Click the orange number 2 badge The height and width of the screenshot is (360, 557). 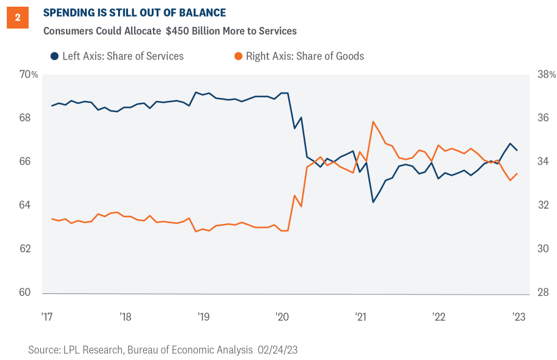17,18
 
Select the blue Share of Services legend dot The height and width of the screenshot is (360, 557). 54,56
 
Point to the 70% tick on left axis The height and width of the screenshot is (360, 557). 28,74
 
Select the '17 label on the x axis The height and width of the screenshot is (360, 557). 47,317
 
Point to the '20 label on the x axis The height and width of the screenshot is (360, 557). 282,317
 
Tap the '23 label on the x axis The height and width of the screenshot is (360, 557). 518,317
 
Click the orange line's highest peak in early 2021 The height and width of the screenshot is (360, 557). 373,121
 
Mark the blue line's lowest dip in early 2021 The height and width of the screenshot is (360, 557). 373,202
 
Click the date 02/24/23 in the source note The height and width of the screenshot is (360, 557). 274,350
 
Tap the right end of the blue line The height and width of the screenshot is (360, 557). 518,150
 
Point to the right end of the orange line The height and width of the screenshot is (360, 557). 518,173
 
